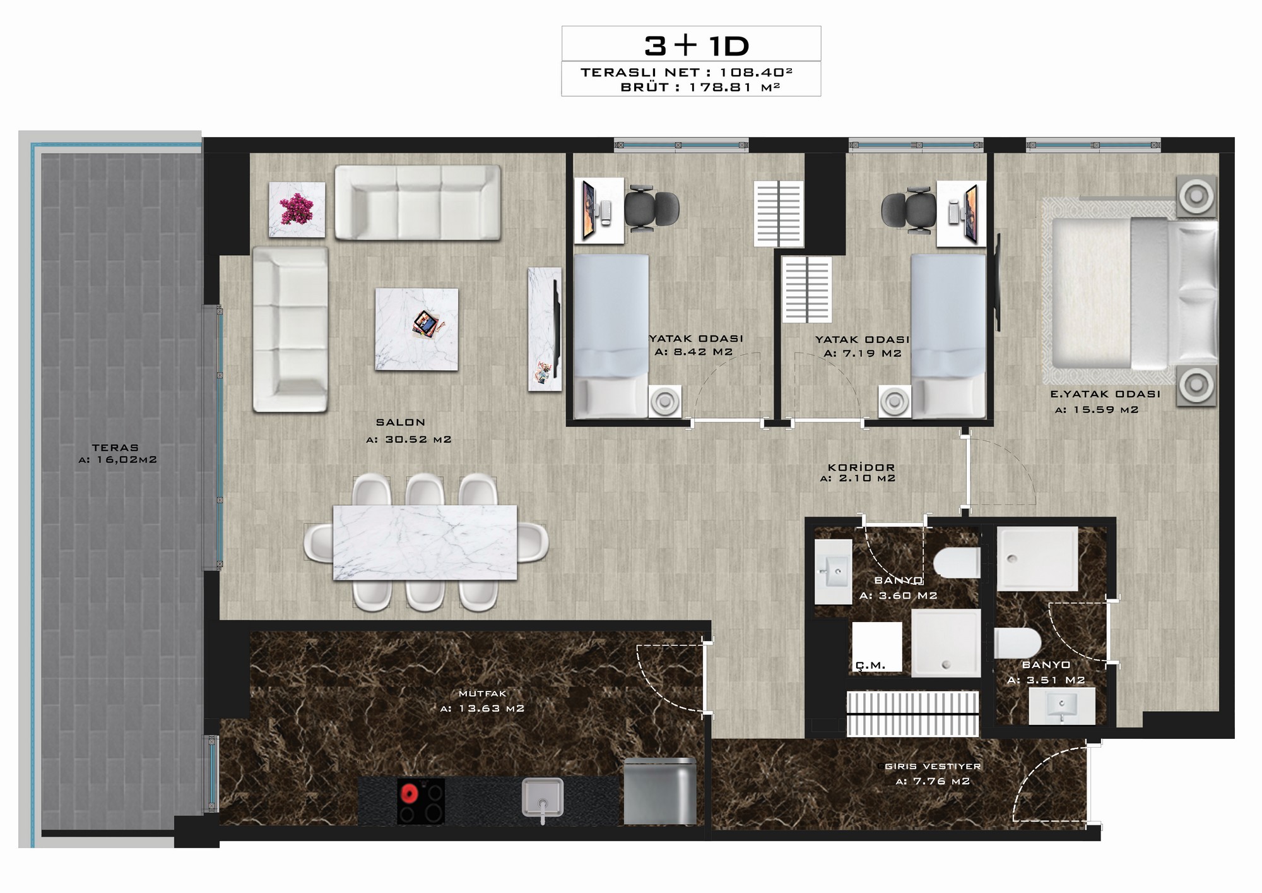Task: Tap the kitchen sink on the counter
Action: click(x=542, y=798)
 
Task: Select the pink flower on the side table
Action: click(x=297, y=209)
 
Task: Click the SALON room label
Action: click(x=401, y=423)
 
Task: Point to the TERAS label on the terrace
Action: click(x=115, y=448)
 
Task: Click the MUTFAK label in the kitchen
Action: click(x=483, y=693)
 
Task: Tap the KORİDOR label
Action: click(x=861, y=468)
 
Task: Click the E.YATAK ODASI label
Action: click(x=1105, y=394)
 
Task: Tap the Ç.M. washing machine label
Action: click(x=871, y=665)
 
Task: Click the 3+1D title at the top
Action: click(x=697, y=45)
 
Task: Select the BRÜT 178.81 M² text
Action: click(x=700, y=87)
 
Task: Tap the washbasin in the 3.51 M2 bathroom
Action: click(x=1061, y=706)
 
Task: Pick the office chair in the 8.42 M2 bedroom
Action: click(x=651, y=208)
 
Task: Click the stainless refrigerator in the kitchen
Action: click(x=660, y=791)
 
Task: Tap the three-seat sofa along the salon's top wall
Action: click(x=418, y=203)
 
